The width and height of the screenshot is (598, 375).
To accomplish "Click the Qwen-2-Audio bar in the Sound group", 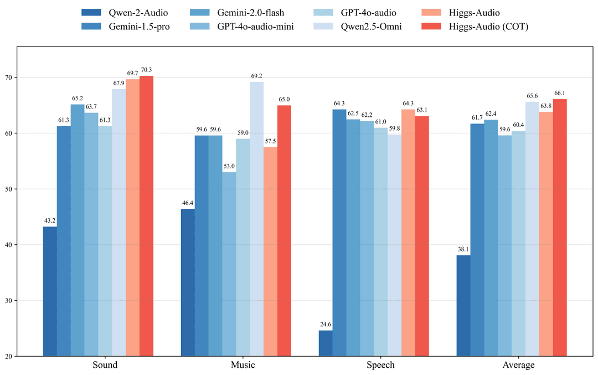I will (50, 291).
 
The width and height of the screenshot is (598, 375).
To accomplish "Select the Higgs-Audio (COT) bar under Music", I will (284, 230).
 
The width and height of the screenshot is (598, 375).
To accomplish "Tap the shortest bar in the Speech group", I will (326, 343).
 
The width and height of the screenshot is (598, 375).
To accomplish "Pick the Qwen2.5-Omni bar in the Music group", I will (256, 219).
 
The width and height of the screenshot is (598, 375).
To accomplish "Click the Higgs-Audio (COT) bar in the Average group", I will (560, 227).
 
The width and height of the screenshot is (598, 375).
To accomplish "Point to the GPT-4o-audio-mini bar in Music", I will (229, 264).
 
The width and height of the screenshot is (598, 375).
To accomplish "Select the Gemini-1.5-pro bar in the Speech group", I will (339, 233).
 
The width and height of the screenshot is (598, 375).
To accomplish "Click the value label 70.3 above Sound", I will (146, 70).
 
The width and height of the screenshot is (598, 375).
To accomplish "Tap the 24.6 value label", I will (326, 324).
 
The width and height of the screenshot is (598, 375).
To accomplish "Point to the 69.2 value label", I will (256, 76).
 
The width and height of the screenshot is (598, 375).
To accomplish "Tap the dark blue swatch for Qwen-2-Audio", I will (91, 12).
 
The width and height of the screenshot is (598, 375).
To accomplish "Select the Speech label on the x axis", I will (381, 365).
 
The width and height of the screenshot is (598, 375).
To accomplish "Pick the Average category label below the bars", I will (518, 365).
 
